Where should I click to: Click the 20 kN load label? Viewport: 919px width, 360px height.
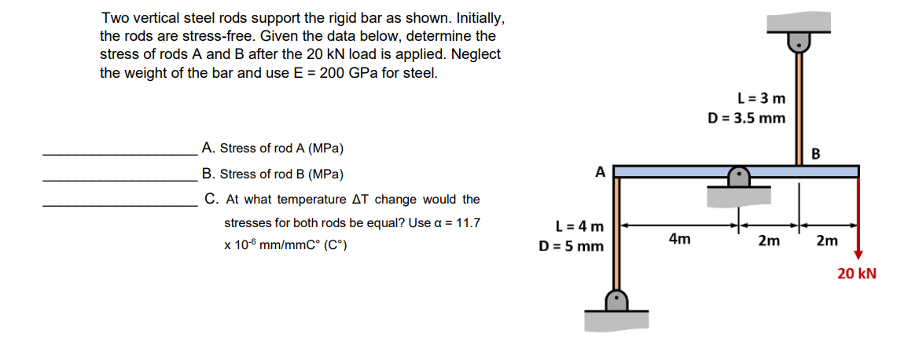856,274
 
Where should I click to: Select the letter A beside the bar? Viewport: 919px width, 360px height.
601,171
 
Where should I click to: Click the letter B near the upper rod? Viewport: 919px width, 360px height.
815,154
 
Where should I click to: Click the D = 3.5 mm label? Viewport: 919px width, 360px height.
746,118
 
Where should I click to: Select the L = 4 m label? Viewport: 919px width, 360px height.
579,227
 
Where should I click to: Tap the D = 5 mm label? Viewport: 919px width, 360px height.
571,245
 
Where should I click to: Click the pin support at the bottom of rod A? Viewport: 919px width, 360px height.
617,302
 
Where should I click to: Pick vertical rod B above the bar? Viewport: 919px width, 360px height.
800,110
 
